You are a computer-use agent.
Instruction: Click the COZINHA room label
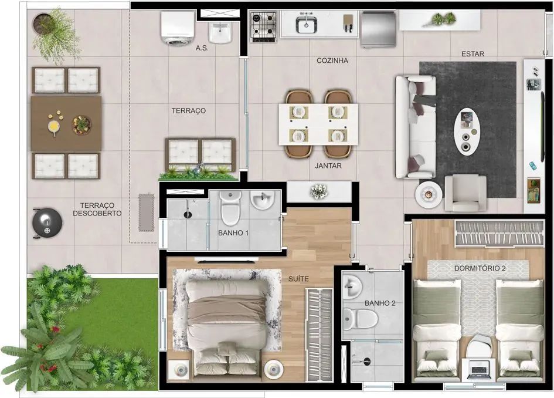(332, 60)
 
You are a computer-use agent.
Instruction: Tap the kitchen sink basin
(307, 24)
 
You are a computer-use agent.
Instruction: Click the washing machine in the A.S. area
(178, 28)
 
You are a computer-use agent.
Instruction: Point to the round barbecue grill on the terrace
(47, 223)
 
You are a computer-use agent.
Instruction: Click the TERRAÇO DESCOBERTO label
(97, 210)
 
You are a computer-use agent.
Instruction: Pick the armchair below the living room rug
(465, 193)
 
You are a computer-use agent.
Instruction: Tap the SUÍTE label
(298, 279)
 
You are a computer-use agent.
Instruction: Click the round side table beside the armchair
(429, 194)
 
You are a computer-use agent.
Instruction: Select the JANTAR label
(328, 165)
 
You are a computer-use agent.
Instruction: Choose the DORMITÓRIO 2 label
(480, 268)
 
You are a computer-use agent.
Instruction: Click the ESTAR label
(473, 54)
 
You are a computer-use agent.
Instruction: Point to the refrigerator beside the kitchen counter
(378, 29)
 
